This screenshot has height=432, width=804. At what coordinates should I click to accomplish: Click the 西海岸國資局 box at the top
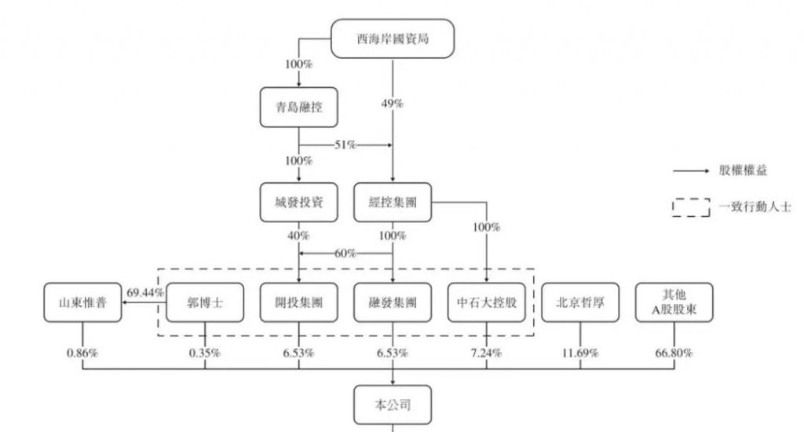[392, 38]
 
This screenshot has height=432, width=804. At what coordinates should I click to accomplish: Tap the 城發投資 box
[298, 203]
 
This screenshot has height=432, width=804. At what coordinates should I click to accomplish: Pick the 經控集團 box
[392, 203]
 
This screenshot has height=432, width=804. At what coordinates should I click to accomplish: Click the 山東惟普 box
[82, 302]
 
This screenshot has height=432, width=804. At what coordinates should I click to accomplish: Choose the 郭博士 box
[204, 302]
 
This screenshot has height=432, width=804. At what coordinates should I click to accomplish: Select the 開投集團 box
[298, 302]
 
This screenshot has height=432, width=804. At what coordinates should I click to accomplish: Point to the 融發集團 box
[392, 302]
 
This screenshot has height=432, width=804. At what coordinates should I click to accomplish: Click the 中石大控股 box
[487, 302]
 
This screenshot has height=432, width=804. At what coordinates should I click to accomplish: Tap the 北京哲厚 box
[581, 302]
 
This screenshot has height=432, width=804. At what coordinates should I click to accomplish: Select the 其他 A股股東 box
[674, 302]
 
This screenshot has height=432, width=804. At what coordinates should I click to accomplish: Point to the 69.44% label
[147, 292]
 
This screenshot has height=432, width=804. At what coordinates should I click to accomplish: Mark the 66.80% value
[674, 353]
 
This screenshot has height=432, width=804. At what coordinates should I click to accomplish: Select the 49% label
[392, 104]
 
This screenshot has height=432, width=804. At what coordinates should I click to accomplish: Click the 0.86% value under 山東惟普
[82, 353]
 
